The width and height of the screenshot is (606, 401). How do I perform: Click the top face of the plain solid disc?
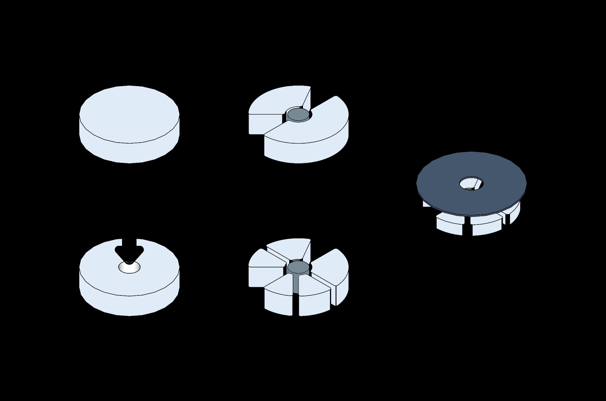[129, 114]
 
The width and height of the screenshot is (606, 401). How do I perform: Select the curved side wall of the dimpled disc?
[129, 306]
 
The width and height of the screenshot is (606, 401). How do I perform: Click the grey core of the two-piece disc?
[298, 114]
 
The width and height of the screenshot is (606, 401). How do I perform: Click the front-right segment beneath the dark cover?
[486, 226]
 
